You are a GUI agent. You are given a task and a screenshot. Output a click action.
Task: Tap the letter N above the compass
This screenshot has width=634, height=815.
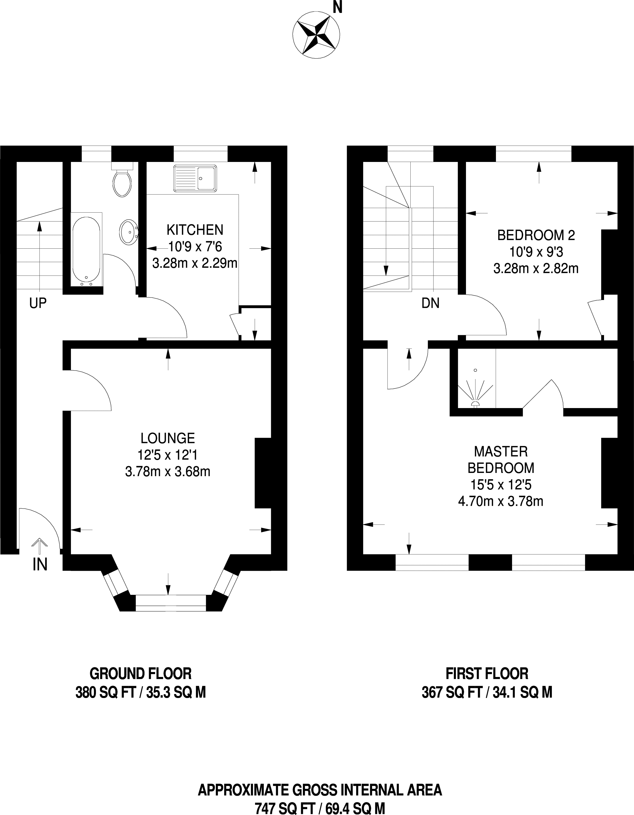pyautogui.click(x=337, y=7)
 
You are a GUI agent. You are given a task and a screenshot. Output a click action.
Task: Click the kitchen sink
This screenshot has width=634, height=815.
pyautogui.click(x=195, y=179)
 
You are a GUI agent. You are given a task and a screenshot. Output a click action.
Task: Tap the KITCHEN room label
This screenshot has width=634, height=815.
pyautogui.click(x=195, y=230)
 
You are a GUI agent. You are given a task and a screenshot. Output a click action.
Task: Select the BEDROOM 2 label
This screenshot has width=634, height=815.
pyautogui.click(x=536, y=235)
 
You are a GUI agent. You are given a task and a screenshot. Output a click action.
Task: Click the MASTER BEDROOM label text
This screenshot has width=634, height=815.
pyautogui.click(x=501, y=459)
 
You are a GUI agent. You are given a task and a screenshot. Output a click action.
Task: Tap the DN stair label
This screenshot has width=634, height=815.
pyautogui.click(x=430, y=303)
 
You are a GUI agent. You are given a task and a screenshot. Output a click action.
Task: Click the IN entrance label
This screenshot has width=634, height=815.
pyautogui.click(x=40, y=565)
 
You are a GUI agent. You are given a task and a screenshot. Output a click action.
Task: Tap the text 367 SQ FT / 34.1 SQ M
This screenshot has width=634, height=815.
pyautogui.click(x=487, y=693)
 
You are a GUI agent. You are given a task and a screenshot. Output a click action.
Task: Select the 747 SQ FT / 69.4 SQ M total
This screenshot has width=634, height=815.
pyautogui.click(x=320, y=809)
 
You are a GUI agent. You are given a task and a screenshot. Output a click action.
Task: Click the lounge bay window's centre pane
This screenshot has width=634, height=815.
pyautogui.click(x=171, y=603)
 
